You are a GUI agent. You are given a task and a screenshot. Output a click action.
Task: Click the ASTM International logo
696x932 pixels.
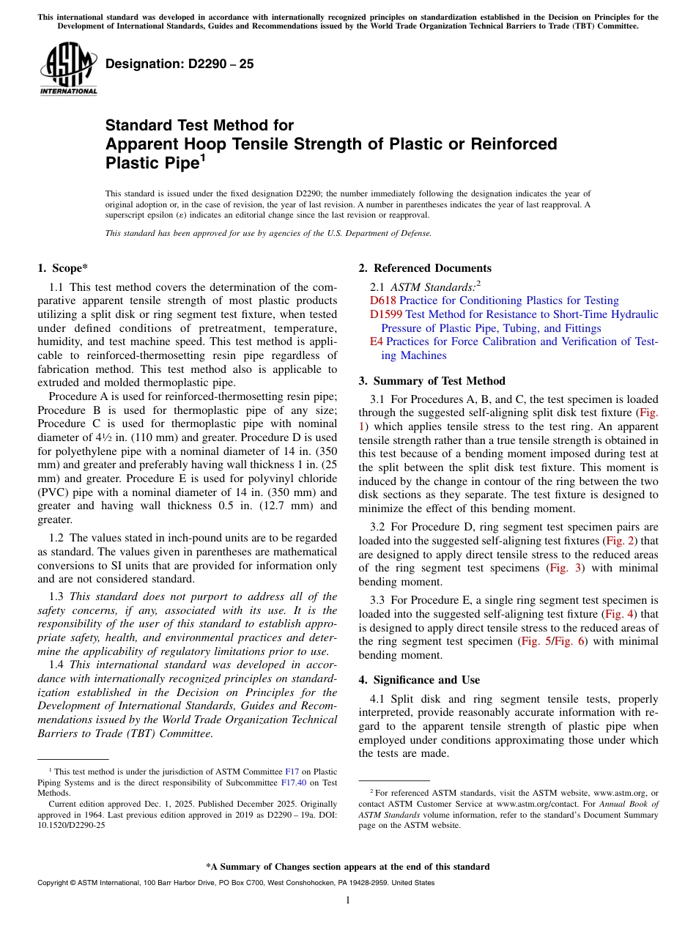click(68, 70)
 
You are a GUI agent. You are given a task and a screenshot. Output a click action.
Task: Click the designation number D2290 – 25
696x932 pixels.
click(179, 64)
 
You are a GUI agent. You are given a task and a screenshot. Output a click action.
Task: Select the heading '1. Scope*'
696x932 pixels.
click(63, 267)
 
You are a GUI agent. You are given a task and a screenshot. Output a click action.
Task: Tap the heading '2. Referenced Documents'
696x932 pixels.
click(425, 267)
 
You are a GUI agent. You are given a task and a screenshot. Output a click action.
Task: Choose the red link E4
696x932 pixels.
click(376, 341)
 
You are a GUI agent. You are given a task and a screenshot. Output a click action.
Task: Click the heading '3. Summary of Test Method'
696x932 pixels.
click(432, 380)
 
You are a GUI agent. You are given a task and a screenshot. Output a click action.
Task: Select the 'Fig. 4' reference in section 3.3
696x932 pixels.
click(618, 613)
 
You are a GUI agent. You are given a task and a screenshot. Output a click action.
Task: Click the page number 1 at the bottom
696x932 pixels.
click(347, 900)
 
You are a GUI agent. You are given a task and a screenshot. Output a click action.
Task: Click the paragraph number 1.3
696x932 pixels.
click(57, 596)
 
